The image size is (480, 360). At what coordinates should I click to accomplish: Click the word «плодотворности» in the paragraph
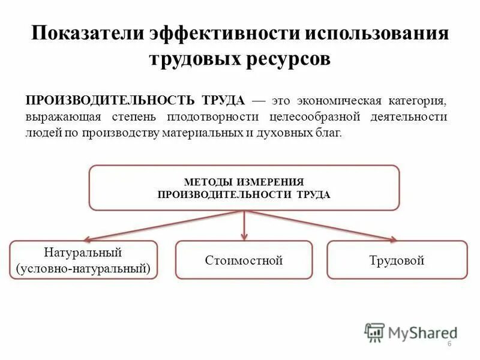click(215, 116)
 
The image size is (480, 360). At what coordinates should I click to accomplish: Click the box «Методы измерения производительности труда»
click(244, 188)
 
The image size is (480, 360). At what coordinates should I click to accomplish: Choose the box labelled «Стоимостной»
click(244, 260)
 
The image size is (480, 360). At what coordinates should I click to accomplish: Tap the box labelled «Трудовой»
click(397, 260)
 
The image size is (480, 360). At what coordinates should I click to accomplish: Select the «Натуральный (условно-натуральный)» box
click(83, 260)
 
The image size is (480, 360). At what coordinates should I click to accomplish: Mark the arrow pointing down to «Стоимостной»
click(244, 227)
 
